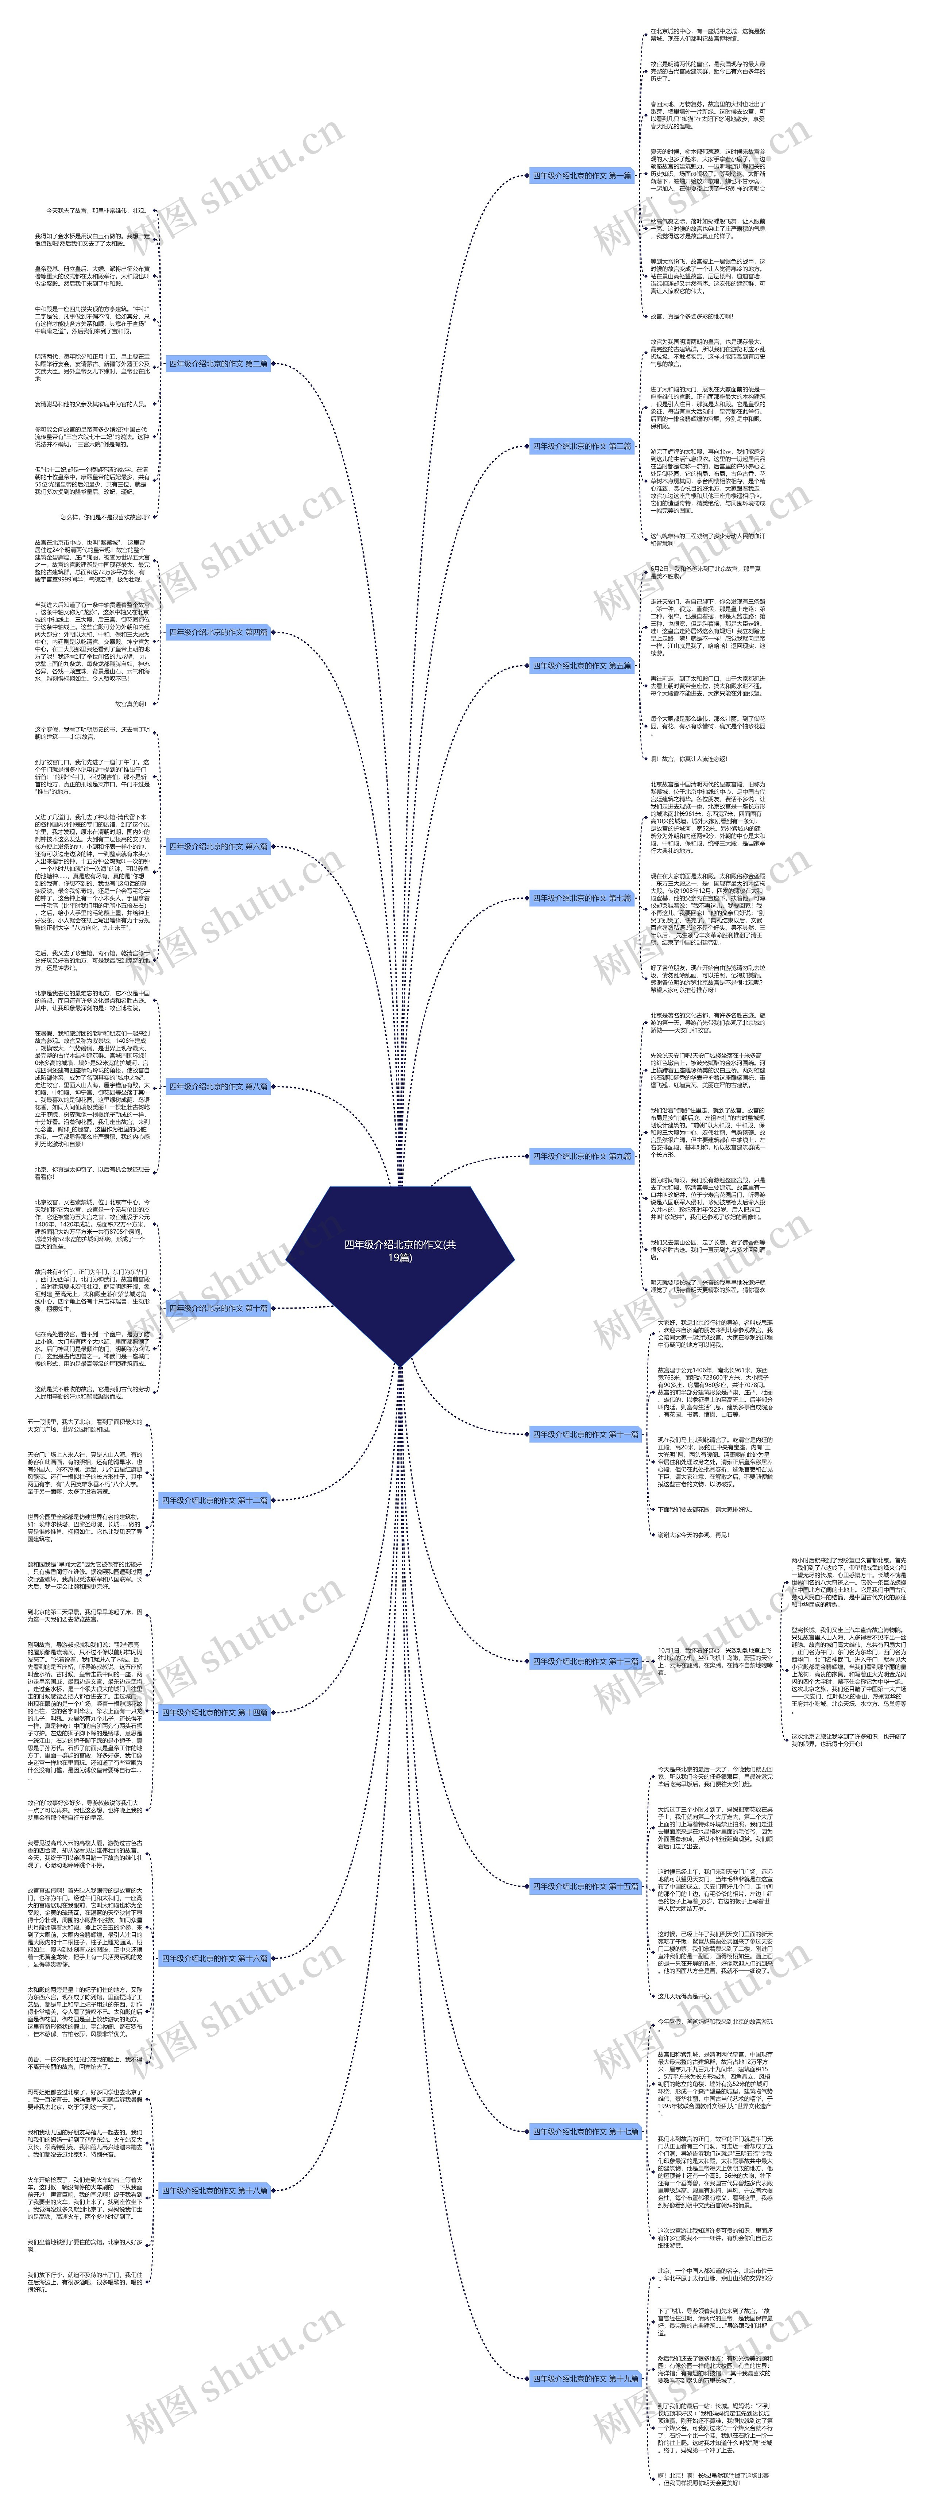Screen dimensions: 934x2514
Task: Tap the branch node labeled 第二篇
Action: pyautogui.click(x=218, y=364)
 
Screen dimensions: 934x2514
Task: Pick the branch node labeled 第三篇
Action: pyautogui.click(x=582, y=446)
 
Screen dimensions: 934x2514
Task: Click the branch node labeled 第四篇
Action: pyautogui.click(x=218, y=632)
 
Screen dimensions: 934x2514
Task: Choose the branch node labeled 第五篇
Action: pyautogui.click(x=582, y=666)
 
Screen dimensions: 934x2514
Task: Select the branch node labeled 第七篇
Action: pyautogui.click(x=582, y=898)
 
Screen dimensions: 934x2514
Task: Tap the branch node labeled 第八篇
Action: pyautogui.click(x=218, y=1086)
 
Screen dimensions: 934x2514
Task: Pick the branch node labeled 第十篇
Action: pyautogui.click(x=218, y=1308)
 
